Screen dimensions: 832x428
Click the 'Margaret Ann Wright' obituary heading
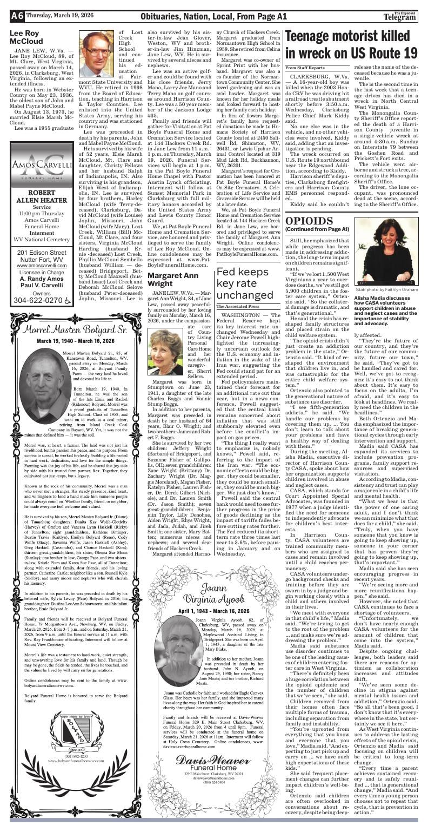(x=178, y=279)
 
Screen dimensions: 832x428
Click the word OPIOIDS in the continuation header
(x=310, y=221)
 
